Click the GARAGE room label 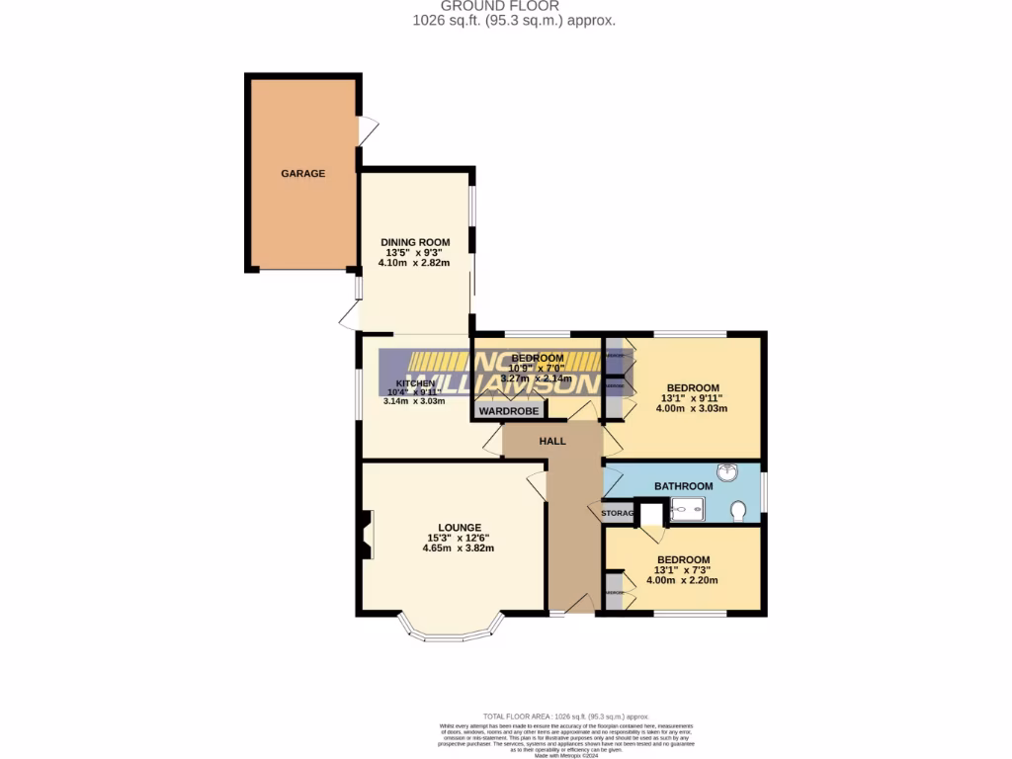click(302, 173)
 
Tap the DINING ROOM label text click(415, 242)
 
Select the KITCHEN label click(415, 383)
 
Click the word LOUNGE click(461, 527)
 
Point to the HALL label click(552, 441)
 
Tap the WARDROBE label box click(509, 410)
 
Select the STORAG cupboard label click(617, 513)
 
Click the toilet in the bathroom click(738, 511)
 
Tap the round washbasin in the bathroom click(729, 472)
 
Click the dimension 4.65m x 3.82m click(458, 548)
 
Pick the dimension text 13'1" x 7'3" click(682, 569)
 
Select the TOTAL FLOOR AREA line click(565, 716)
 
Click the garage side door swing click(369, 129)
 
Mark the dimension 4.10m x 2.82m click(417, 263)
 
